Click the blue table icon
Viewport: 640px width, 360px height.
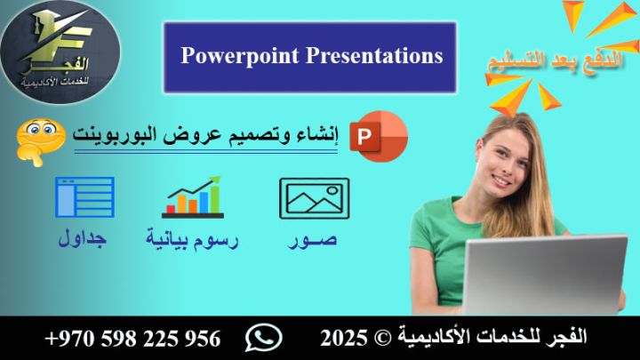[x=84, y=197]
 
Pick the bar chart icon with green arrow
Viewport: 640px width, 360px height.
[x=192, y=196]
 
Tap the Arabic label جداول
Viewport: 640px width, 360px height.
[x=83, y=240]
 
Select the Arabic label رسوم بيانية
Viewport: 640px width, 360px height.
[x=193, y=240]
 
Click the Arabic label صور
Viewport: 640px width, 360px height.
[x=314, y=240]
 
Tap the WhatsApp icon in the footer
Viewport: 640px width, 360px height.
[x=263, y=338]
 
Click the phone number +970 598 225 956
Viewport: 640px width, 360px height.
[x=132, y=339]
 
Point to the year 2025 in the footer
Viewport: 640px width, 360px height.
[x=339, y=339]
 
